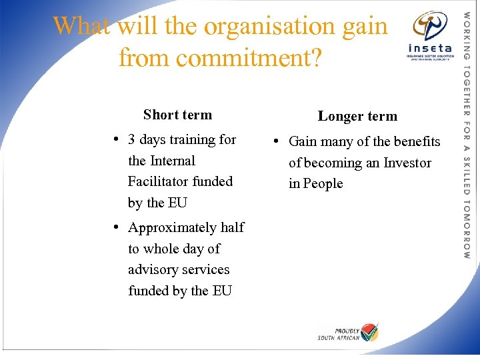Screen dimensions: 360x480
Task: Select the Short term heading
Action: pos(177,115)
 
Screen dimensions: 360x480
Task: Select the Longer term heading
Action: pos(357,116)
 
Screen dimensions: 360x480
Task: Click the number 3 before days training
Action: pos(132,139)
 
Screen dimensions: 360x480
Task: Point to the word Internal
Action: pos(173,161)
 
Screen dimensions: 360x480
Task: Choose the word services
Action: pos(207,269)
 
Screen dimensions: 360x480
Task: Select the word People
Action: pos(323,183)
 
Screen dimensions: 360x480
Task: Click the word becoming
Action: pos(328,163)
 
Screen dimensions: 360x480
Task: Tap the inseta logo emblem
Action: pos(430,27)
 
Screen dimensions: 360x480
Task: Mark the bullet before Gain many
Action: pos(275,141)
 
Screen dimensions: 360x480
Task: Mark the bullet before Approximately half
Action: pos(115,227)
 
